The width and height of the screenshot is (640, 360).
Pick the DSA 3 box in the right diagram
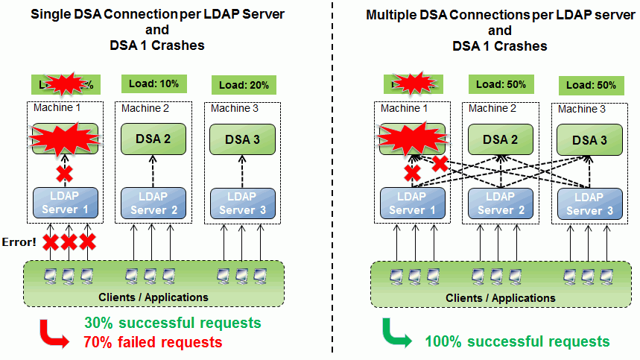pyautogui.click(x=589, y=140)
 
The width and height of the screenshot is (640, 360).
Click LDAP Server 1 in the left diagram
pyautogui.click(x=65, y=203)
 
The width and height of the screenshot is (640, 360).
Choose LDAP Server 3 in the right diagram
pyautogui.click(x=589, y=203)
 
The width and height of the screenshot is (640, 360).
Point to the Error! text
pyautogui.click(x=18, y=241)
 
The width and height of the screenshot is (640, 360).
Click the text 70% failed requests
pyautogui.click(x=153, y=342)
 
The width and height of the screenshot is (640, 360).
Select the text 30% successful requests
pyautogui.click(x=172, y=323)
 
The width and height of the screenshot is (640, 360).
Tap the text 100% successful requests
pyautogui.click(x=517, y=342)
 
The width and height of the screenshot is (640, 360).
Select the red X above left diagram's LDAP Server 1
pyautogui.click(x=66, y=173)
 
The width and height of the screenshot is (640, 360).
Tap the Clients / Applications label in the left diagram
pyautogui.click(x=153, y=297)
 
